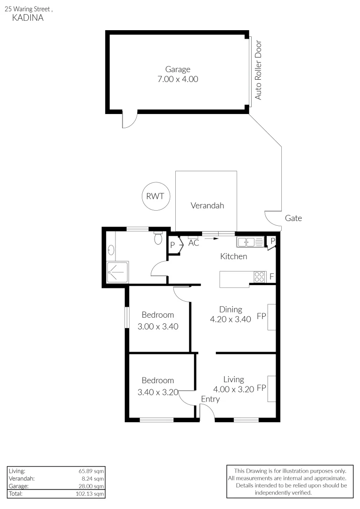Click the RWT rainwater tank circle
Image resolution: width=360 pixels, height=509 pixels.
(x=155, y=196)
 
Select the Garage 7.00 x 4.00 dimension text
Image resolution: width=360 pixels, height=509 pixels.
(x=178, y=79)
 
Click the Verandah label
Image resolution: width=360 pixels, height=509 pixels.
(x=207, y=205)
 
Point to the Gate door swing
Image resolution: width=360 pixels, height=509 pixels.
(x=272, y=218)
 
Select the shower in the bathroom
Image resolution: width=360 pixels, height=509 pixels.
(x=115, y=272)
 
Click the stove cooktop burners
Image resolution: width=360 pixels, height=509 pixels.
(x=260, y=276)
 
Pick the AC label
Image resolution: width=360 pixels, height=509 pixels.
(x=194, y=244)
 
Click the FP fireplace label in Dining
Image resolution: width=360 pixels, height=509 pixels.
(x=262, y=317)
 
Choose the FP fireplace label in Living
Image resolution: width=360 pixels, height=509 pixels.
(x=262, y=389)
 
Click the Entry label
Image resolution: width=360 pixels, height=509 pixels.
(x=210, y=399)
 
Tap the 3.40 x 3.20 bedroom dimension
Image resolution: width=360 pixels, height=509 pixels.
(x=158, y=392)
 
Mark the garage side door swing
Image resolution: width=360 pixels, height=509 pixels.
(x=128, y=120)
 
